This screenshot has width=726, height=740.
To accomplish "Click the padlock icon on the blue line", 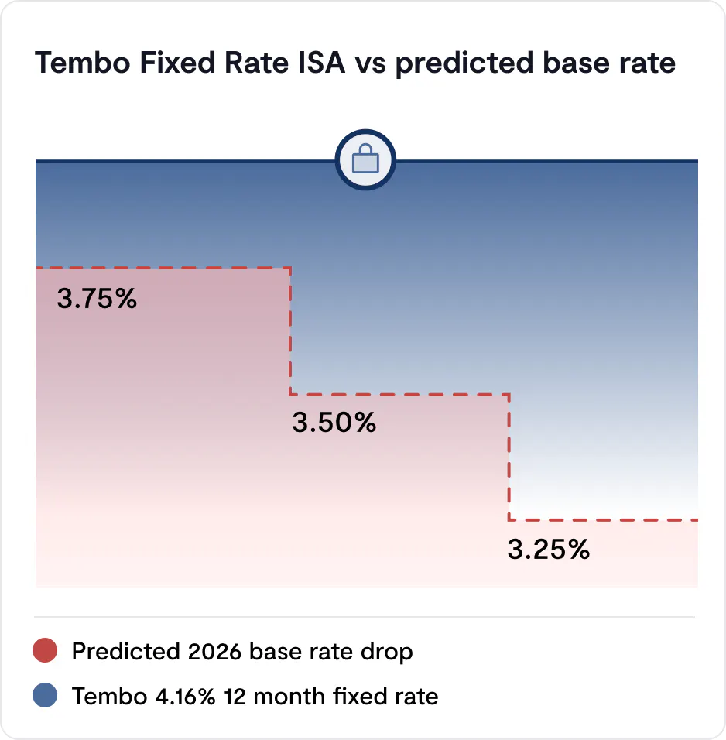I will (365, 161).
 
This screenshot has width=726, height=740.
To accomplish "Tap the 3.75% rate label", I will (97, 299).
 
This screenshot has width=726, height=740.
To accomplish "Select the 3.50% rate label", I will (334, 423).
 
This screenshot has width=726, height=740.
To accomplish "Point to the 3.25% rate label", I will (549, 550).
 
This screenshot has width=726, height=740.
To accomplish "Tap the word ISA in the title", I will (322, 63).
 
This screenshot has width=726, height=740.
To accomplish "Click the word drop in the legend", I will (385, 652).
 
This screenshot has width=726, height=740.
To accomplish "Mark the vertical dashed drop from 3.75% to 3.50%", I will (290, 331).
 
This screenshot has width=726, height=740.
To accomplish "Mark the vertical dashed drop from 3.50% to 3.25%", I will (509, 457).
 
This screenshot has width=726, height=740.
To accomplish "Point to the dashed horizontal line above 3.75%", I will (163, 269).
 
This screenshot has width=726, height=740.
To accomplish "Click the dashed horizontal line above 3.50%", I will (399, 395).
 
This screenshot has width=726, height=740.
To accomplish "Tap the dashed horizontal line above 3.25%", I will (604, 520).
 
